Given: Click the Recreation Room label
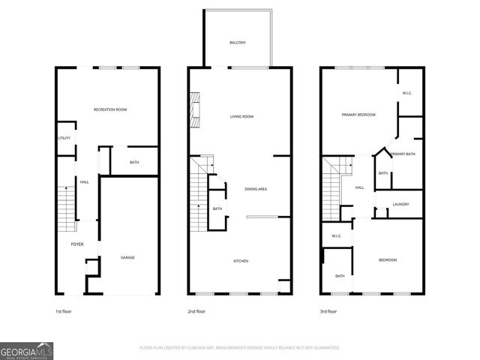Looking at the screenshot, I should (x=110, y=110).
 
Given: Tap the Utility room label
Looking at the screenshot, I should (x=64, y=139).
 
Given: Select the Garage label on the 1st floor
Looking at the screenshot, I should (x=128, y=257).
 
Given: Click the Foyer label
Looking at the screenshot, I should (x=76, y=244).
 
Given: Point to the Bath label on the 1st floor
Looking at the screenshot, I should (x=133, y=162).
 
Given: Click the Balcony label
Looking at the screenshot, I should (x=238, y=43).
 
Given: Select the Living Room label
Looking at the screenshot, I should (x=241, y=116).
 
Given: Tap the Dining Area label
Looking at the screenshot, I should (x=256, y=189).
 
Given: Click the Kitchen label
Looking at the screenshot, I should (x=241, y=260).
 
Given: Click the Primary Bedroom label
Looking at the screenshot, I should (x=358, y=115).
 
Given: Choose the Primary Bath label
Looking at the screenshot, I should (x=403, y=154).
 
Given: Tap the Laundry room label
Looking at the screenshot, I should (x=400, y=204).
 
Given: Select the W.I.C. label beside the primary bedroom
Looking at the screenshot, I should (x=407, y=93).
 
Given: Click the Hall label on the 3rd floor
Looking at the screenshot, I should (x=359, y=187).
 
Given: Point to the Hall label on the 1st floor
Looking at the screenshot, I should (x=85, y=181).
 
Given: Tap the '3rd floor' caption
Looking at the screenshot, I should (x=328, y=310).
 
